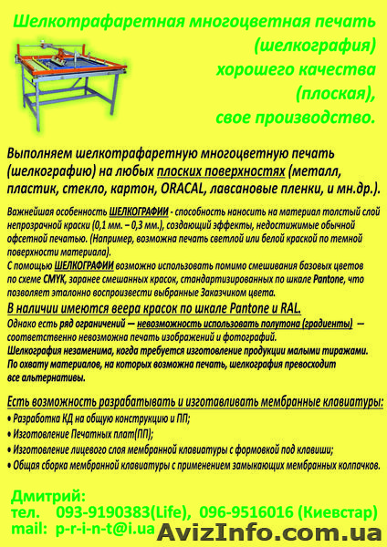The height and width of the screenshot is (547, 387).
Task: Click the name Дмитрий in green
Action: pos(49,495)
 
